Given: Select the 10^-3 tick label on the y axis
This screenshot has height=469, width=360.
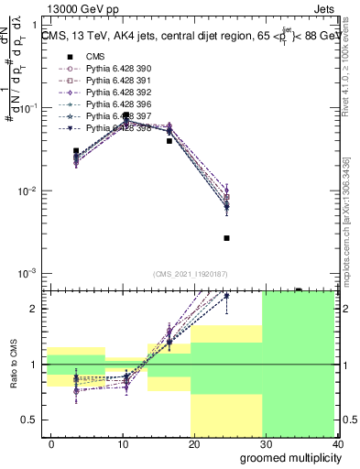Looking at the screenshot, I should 30,274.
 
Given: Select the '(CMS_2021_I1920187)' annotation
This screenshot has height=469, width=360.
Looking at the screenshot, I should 189,274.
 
